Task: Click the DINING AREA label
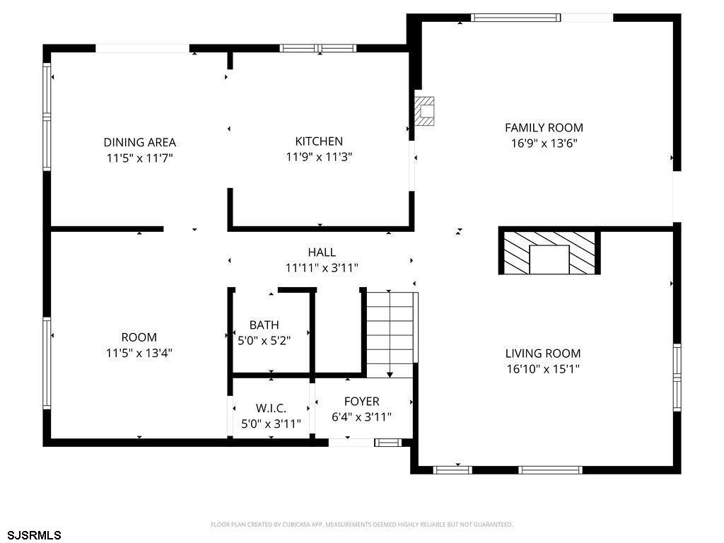click(139, 142)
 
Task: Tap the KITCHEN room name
click(319, 141)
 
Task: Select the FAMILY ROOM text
click(544, 127)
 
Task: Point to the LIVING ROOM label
click(543, 354)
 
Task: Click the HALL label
click(322, 252)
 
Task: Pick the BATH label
click(264, 325)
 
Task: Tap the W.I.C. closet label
click(271, 408)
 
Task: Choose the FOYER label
click(361, 402)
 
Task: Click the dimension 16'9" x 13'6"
click(544, 143)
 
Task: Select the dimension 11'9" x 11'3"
click(319, 157)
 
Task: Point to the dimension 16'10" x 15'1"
click(543, 369)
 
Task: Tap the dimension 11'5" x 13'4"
click(139, 354)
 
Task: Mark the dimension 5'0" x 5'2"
click(264, 341)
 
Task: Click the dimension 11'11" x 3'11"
click(322, 268)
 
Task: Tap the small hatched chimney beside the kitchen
click(424, 111)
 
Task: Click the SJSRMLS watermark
click(34, 535)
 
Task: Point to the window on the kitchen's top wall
click(318, 48)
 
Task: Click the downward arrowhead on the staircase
click(390, 375)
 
